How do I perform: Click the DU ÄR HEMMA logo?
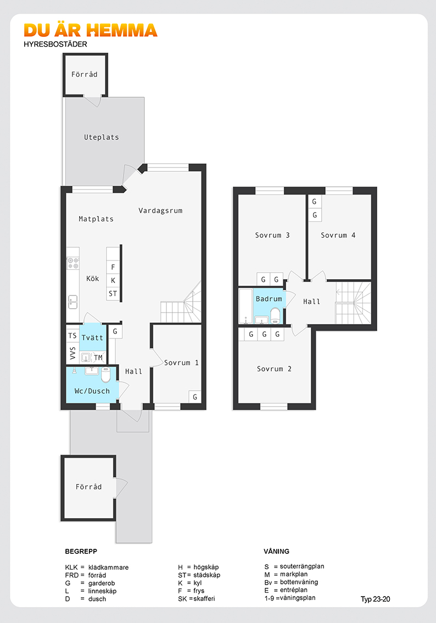[91, 31]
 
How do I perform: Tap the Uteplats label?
[101, 137]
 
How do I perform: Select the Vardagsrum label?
[160, 210]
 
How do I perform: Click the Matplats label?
[96, 219]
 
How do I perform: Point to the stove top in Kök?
[72, 263]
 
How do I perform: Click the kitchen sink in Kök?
[72, 302]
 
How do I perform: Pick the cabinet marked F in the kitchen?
[113, 267]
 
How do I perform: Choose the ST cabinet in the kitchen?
[113, 293]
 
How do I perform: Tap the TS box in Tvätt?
[72, 336]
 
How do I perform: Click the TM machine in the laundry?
[98, 358]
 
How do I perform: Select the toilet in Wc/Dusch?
[105, 374]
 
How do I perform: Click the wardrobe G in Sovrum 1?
[195, 397]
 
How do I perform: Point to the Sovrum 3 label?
[272, 235]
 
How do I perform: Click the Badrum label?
[269, 299]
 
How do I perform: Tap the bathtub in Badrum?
[246, 307]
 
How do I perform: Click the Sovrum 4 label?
[338, 235]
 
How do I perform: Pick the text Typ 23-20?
[375, 599]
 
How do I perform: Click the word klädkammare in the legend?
[108, 568]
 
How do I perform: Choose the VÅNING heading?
[276, 552]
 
